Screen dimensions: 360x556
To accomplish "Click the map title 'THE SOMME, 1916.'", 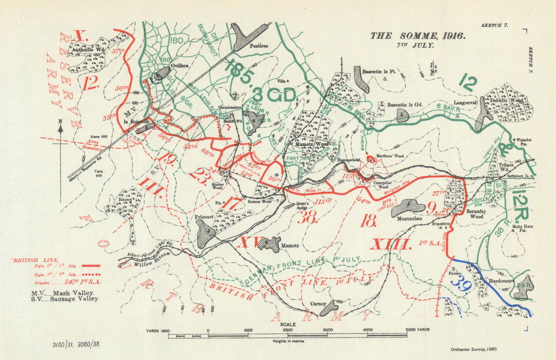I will point(418,36).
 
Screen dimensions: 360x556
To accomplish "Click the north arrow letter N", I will point(60,123).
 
